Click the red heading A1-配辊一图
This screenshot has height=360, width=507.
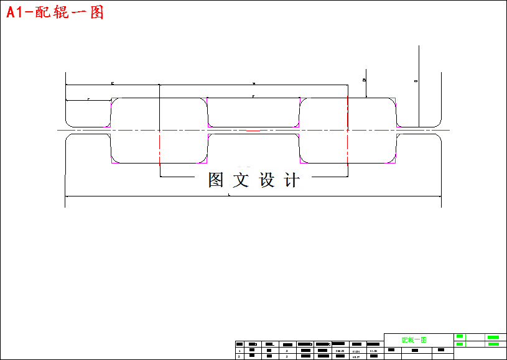[x=55, y=12]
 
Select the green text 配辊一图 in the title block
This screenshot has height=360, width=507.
[x=414, y=340]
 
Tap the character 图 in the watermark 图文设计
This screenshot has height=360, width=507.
[x=216, y=180]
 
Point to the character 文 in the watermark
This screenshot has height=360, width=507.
[x=241, y=180]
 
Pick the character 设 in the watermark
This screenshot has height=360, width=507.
[x=267, y=180]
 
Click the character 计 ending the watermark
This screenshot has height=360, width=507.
[x=291, y=180]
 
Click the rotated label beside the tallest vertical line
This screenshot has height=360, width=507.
[x=416, y=81]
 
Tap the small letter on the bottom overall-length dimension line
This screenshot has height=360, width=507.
[x=230, y=195]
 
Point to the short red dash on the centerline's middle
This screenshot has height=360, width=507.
[x=253, y=131]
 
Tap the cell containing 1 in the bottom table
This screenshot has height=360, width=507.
[x=239, y=351]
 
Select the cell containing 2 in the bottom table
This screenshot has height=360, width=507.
[x=239, y=356]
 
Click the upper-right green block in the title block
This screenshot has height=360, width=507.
[x=493, y=337]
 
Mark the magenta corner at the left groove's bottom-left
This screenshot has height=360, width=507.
[x=114, y=161]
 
